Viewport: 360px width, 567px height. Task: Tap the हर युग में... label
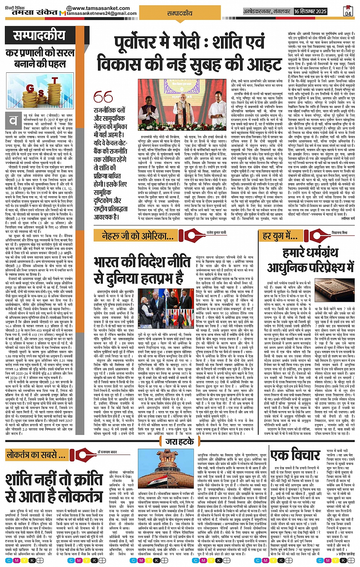coord(280,236)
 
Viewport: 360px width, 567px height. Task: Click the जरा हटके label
coord(179,442)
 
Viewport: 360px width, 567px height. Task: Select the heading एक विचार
coord(295,455)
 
